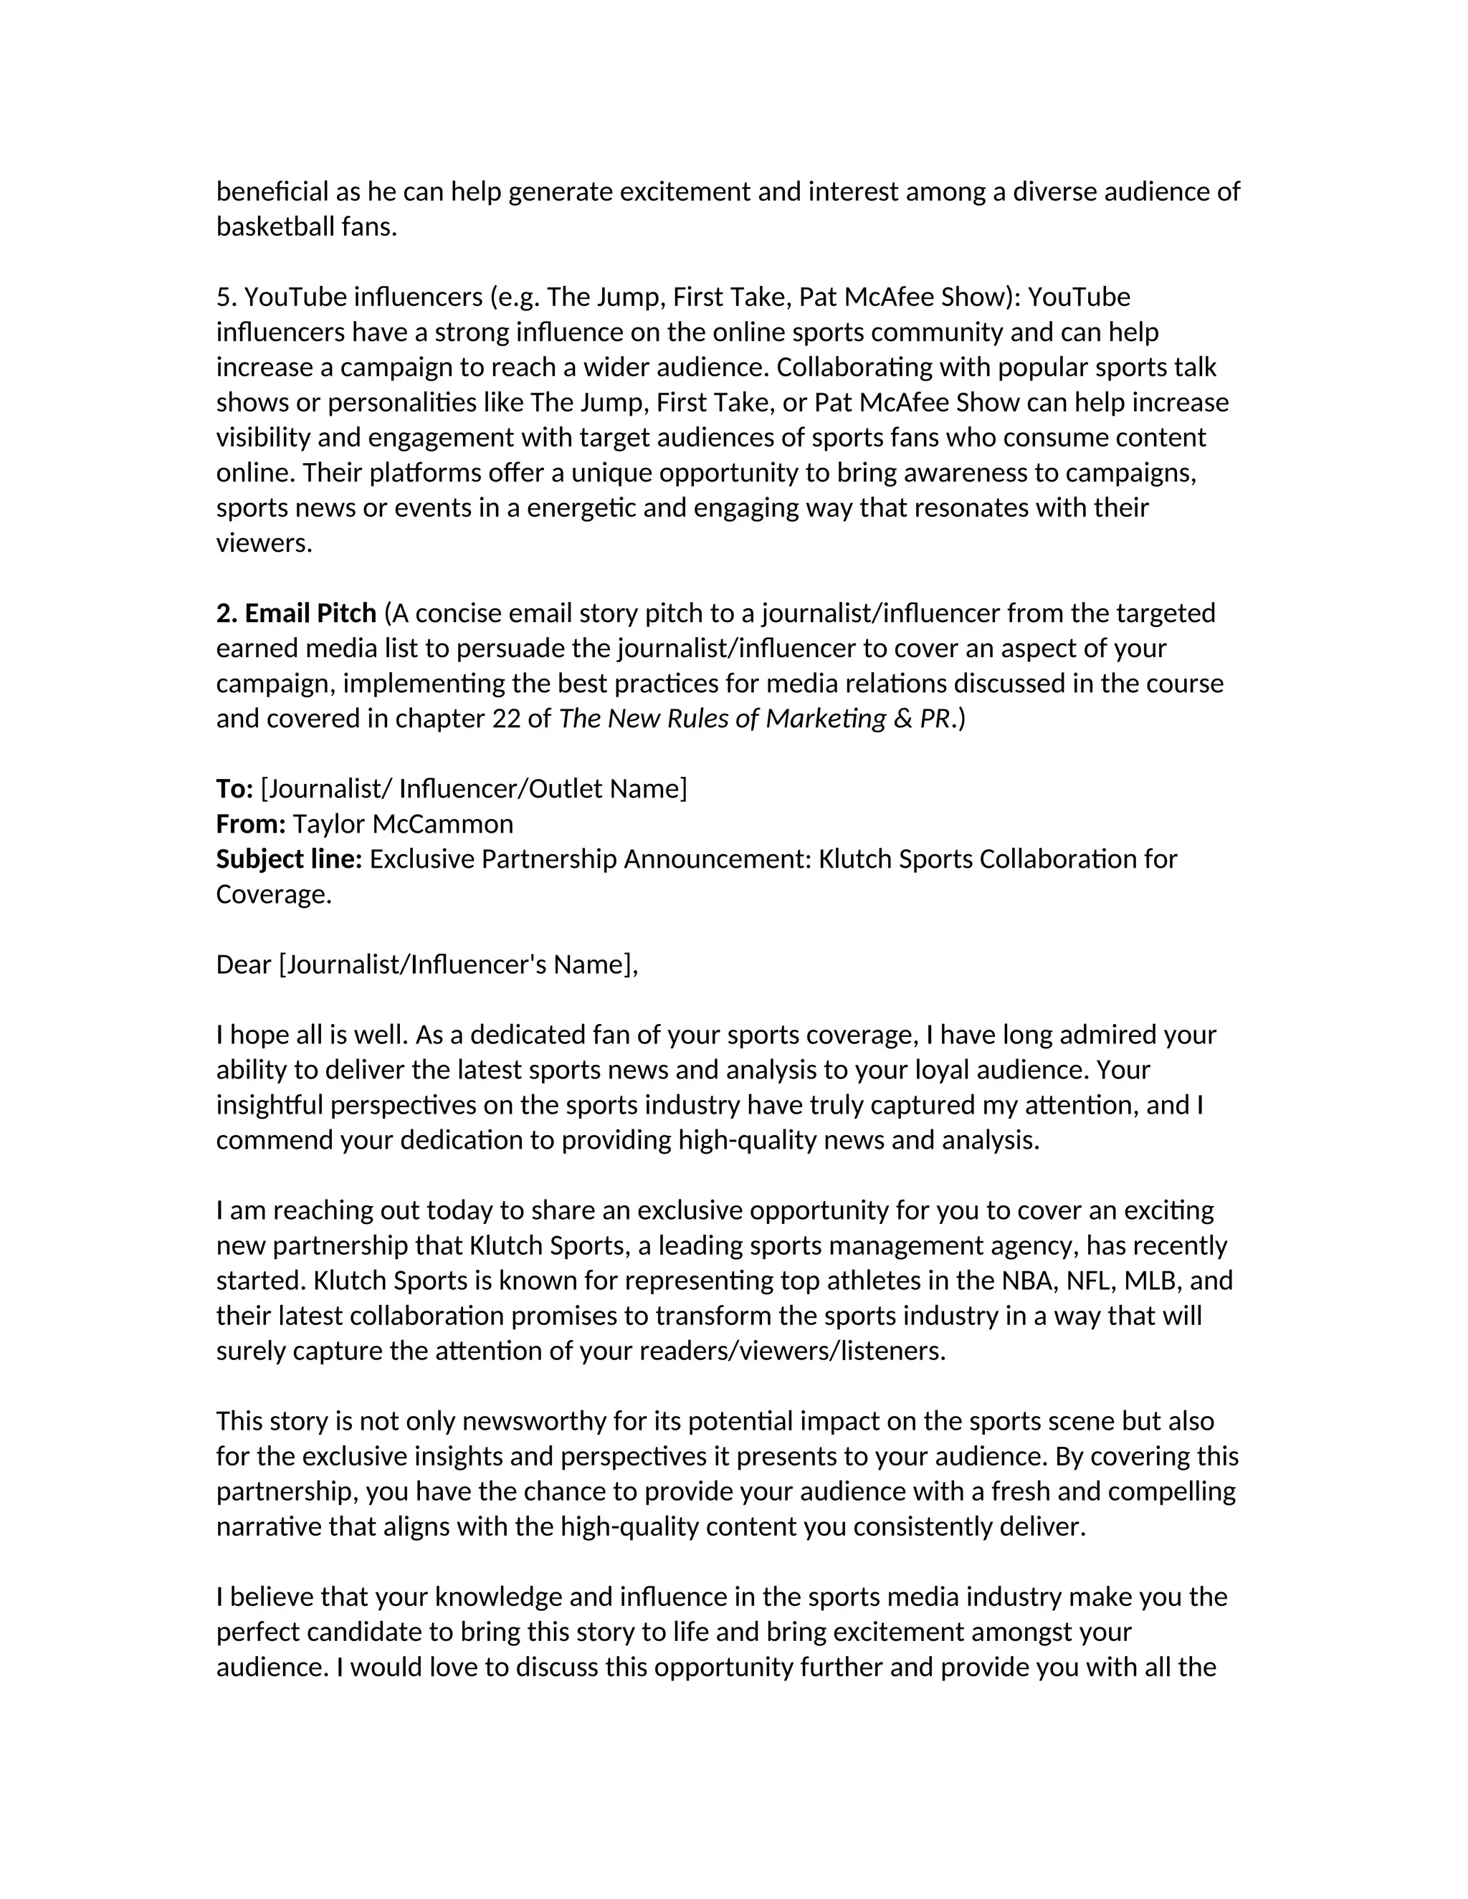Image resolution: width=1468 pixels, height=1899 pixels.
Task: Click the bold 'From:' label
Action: point(250,824)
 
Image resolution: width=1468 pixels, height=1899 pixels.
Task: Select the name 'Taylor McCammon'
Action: point(403,824)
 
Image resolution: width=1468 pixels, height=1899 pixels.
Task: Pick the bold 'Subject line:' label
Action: point(289,860)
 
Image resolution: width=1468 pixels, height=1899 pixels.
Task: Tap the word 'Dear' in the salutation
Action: point(244,965)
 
